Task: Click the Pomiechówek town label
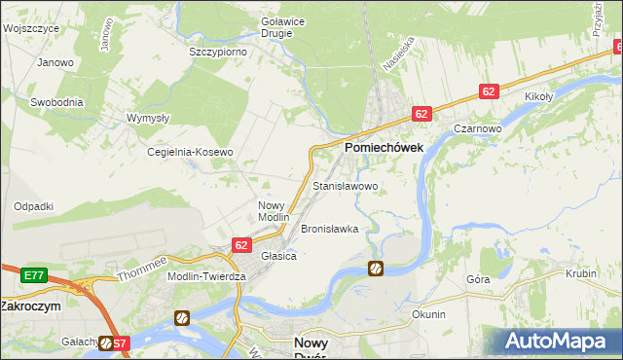coord(382,146)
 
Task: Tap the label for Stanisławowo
coord(345,185)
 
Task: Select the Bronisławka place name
coord(330,229)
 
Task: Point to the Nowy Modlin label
coord(274,211)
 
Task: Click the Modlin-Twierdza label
coord(207,276)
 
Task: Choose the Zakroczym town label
coord(30,305)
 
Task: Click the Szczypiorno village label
coord(218,51)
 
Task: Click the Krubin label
coord(580,273)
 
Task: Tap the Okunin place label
coord(428,314)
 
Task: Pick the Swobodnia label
coord(56,101)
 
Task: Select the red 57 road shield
coord(118,342)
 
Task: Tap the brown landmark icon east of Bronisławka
coord(376,268)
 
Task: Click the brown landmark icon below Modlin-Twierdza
coord(182,317)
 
